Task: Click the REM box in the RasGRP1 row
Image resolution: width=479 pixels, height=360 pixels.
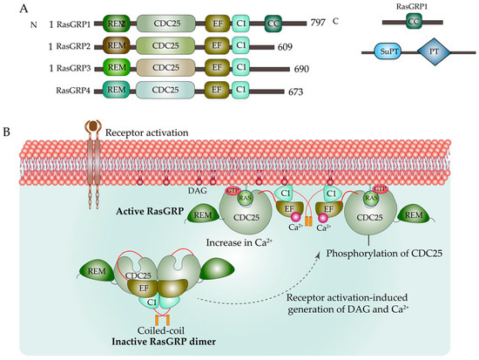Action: pos(115,17)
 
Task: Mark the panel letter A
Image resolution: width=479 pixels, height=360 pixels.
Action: pos(8,8)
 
